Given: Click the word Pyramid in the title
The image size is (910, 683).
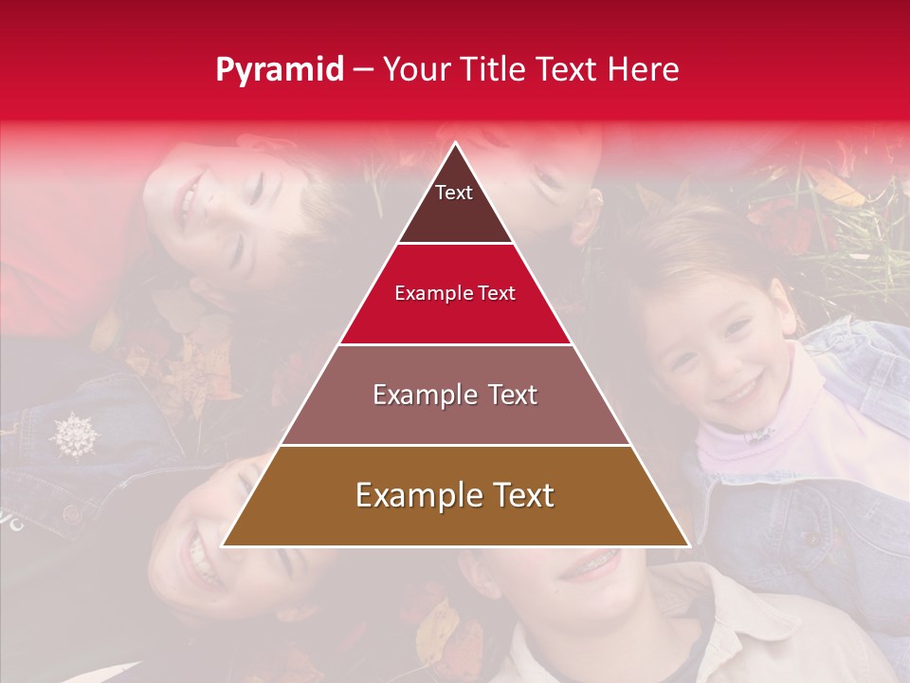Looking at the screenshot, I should (279, 71).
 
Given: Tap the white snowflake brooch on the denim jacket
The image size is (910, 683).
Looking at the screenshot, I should (74, 434).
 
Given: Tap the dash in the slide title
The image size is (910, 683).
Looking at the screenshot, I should (363, 71).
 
